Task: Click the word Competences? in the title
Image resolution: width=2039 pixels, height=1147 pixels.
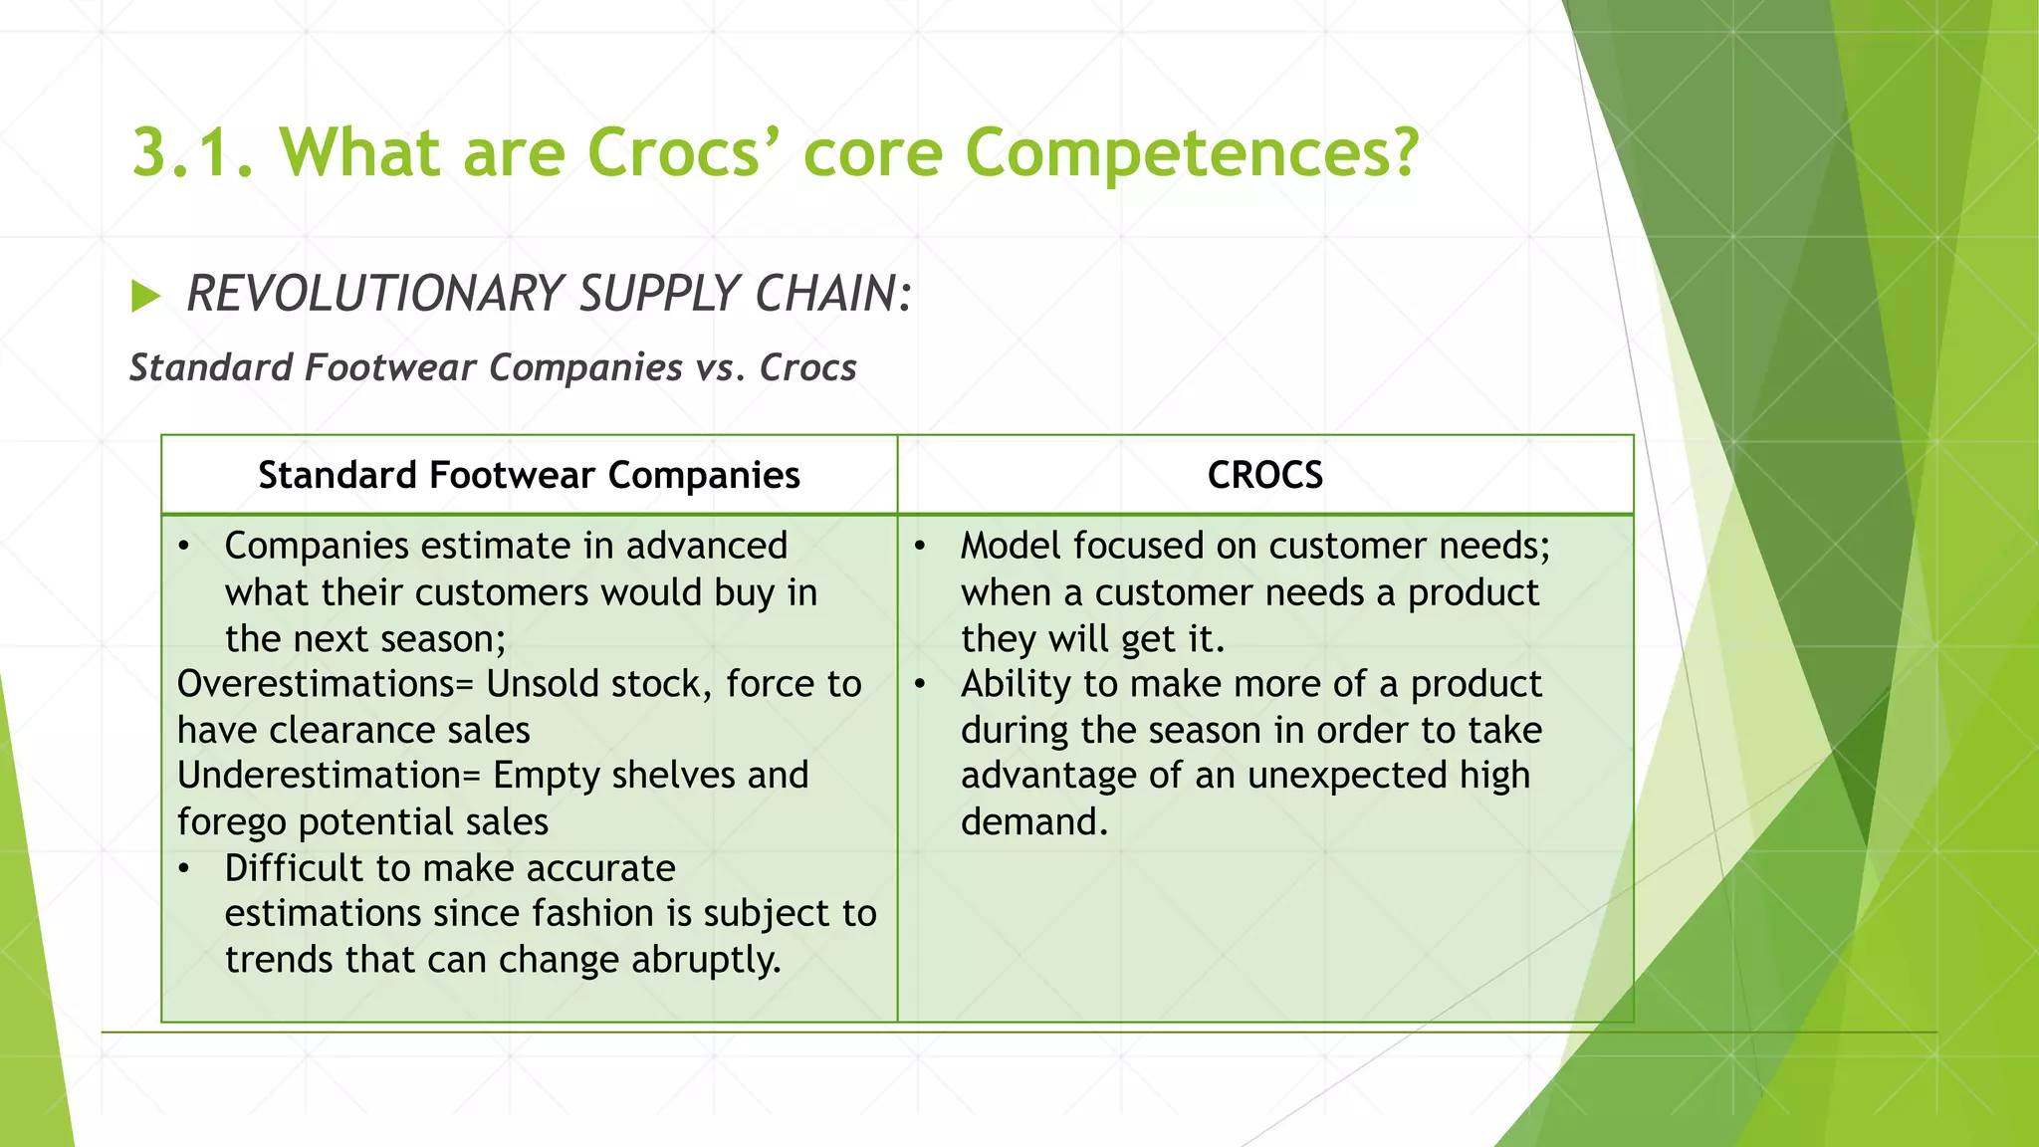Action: (x=1192, y=153)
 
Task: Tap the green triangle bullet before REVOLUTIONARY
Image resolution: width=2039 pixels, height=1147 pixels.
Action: (x=145, y=296)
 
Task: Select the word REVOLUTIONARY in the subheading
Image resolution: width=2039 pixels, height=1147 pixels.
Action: (x=375, y=295)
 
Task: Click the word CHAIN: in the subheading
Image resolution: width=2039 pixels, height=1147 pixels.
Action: (x=832, y=295)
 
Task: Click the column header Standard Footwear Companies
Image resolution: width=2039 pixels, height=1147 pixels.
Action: (x=529, y=475)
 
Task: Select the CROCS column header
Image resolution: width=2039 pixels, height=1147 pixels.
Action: (x=1264, y=475)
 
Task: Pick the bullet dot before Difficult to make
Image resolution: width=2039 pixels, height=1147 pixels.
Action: (x=184, y=869)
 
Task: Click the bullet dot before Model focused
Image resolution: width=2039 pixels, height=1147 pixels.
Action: (x=920, y=547)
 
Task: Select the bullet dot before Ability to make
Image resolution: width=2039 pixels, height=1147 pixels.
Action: (x=920, y=685)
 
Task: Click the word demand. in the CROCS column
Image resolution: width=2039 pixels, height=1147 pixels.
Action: (x=1033, y=822)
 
